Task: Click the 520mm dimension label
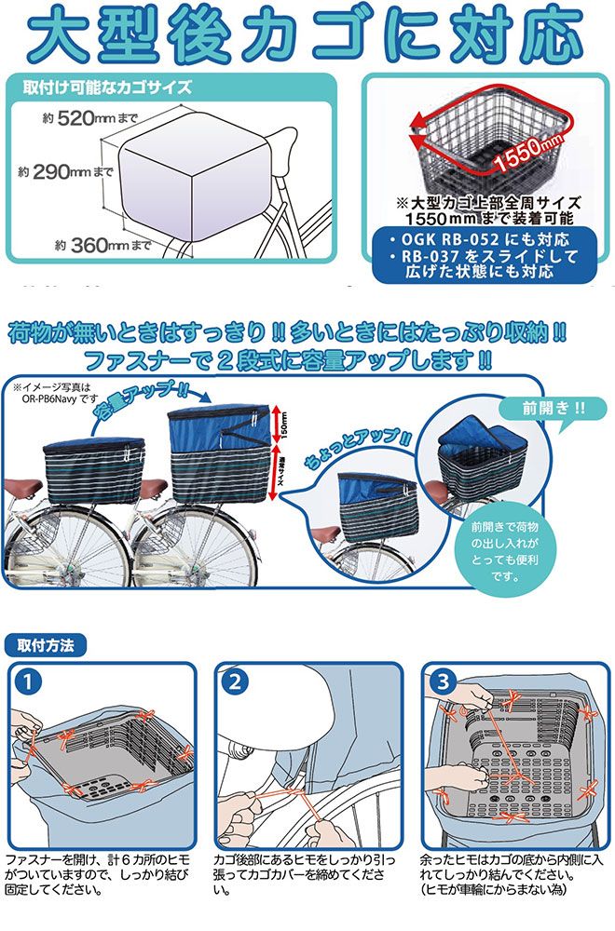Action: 89,118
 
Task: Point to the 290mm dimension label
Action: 65,172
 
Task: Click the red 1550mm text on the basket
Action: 528,152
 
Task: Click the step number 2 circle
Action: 235,681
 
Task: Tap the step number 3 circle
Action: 443,681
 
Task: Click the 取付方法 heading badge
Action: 46,645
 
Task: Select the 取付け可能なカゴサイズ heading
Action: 107,88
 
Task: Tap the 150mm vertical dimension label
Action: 283,425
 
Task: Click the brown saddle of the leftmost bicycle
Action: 24,490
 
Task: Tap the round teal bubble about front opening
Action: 505,551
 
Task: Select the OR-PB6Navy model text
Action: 54,399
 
